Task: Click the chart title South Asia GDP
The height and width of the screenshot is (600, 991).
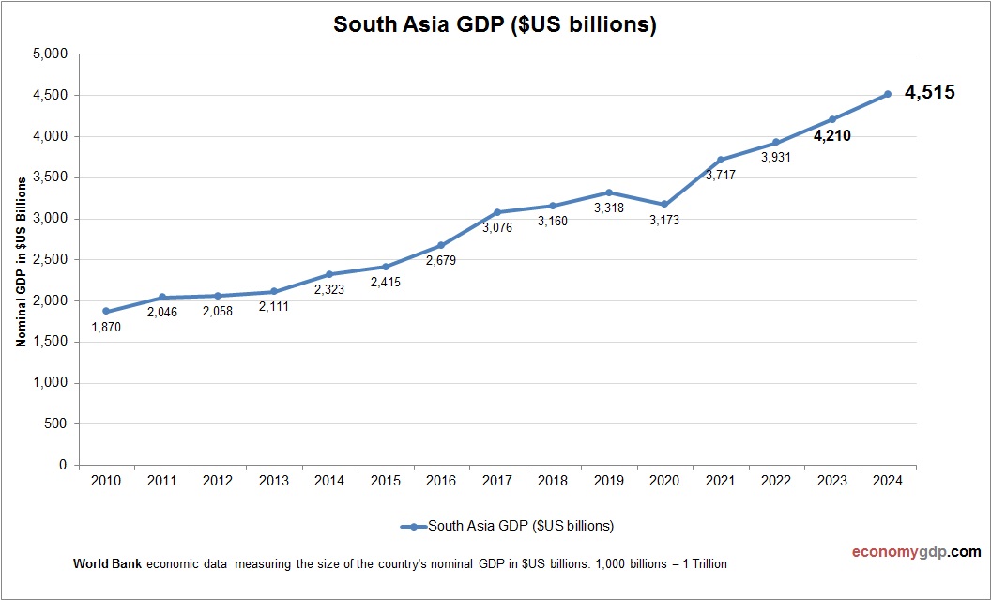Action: tap(495, 25)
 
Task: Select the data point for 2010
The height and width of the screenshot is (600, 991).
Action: tap(106, 311)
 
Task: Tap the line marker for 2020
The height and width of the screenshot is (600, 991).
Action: tap(664, 204)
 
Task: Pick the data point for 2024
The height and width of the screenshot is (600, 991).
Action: tap(888, 94)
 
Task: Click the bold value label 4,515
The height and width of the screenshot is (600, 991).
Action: tap(929, 92)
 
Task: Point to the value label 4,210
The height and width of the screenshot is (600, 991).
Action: tap(831, 135)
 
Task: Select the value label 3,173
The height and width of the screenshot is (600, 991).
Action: tap(663, 221)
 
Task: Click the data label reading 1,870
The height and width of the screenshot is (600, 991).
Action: tap(106, 328)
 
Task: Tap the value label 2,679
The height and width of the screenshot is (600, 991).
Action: tap(440, 261)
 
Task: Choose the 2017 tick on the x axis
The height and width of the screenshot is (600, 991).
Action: tap(496, 481)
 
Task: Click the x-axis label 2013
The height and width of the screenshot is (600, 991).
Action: tap(273, 481)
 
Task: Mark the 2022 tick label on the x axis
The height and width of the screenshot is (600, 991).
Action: tap(776, 481)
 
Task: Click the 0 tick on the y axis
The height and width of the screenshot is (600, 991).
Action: tap(63, 465)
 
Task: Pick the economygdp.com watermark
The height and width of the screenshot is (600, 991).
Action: tap(903, 552)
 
